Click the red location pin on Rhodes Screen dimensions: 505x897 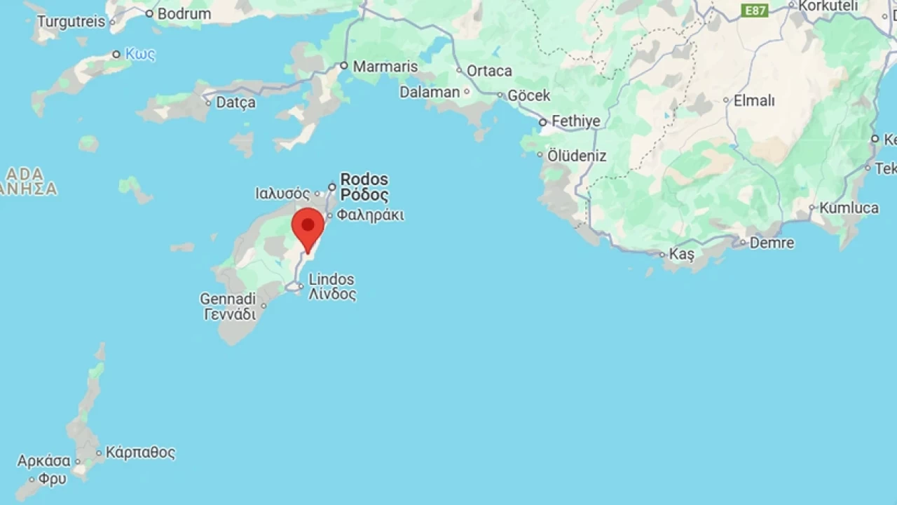click(308, 227)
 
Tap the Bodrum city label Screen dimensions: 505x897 click(184, 13)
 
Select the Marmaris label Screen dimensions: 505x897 click(385, 67)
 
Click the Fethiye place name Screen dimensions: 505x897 click(575, 121)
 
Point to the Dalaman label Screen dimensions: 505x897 click(430, 92)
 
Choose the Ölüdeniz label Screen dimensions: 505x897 click(576, 156)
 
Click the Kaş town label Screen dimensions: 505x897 click(681, 254)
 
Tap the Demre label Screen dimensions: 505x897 click(772, 243)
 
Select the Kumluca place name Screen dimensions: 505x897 click(849, 208)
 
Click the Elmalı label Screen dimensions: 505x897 click(754, 100)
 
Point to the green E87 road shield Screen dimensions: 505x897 click(755, 11)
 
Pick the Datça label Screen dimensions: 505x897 click(235, 102)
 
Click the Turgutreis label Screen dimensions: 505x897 click(71, 22)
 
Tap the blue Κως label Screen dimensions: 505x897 click(140, 54)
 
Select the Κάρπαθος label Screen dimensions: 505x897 click(140, 452)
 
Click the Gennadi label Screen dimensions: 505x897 click(228, 299)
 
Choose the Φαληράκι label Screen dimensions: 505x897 click(370, 215)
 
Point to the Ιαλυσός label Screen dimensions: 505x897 click(282, 193)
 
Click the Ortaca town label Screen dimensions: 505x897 click(489, 71)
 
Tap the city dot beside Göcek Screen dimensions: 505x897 click(500, 95)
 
